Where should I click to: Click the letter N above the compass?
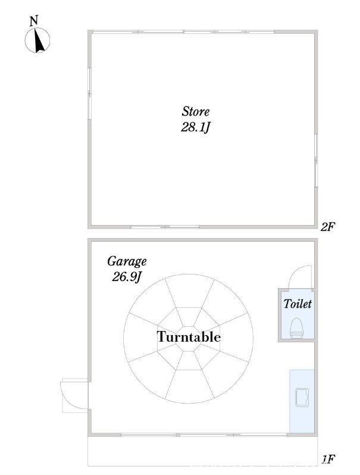click(x=34, y=21)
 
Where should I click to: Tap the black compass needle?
click(x=39, y=40)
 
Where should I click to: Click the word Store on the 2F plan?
click(x=196, y=111)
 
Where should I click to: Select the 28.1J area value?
click(x=195, y=127)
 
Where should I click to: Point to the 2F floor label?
click(x=328, y=227)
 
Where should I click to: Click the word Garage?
click(x=127, y=261)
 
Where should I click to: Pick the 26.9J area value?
click(x=127, y=276)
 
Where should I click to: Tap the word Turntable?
click(x=189, y=336)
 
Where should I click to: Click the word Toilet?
click(x=298, y=304)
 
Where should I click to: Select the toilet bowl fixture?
click(x=297, y=328)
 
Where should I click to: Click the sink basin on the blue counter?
click(x=302, y=397)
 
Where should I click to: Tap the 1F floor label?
click(x=328, y=460)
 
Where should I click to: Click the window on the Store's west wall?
click(x=89, y=93)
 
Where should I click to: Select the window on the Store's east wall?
click(x=316, y=161)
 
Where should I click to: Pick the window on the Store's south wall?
click(x=165, y=227)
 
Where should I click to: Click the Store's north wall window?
click(x=183, y=32)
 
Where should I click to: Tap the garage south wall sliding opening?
click(x=204, y=435)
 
